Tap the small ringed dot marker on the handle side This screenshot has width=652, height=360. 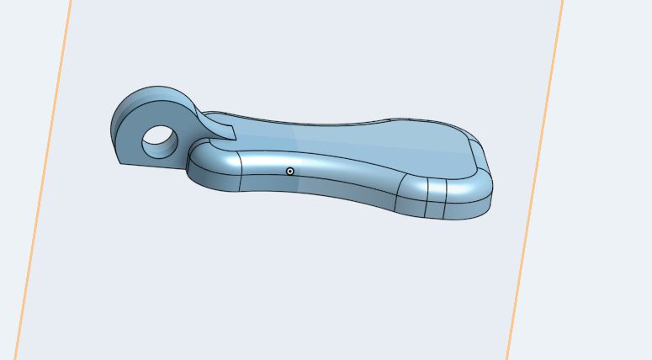(290, 171)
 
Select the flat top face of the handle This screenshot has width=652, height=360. (353, 143)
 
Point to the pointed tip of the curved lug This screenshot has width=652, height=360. (234, 130)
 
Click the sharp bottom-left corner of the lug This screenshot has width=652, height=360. (119, 163)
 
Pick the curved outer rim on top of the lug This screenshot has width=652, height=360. (160, 92)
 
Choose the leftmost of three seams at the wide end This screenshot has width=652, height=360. (398, 193)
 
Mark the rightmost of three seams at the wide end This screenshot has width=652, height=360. (443, 199)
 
